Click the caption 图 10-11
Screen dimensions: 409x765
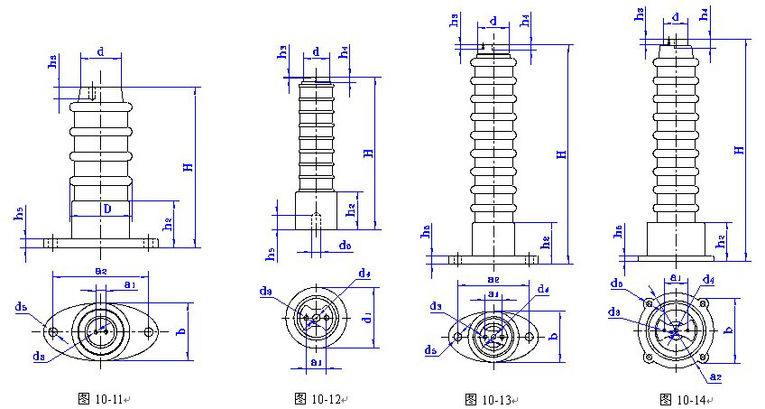click(104, 398)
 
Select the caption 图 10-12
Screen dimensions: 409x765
click(317, 398)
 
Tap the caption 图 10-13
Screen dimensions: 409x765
click(487, 398)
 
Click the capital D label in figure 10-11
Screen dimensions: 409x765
click(106, 209)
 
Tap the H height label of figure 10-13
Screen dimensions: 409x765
click(561, 154)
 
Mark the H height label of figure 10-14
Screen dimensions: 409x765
click(739, 149)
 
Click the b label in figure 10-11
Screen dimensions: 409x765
click(181, 332)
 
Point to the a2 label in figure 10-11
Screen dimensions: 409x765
click(101, 269)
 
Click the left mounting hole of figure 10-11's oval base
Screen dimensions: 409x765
click(55, 332)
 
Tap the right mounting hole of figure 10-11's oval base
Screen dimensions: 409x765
click(150, 332)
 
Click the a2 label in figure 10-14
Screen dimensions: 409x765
click(716, 375)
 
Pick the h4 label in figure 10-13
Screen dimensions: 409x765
click(525, 22)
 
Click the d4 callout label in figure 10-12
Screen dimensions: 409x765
click(364, 274)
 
